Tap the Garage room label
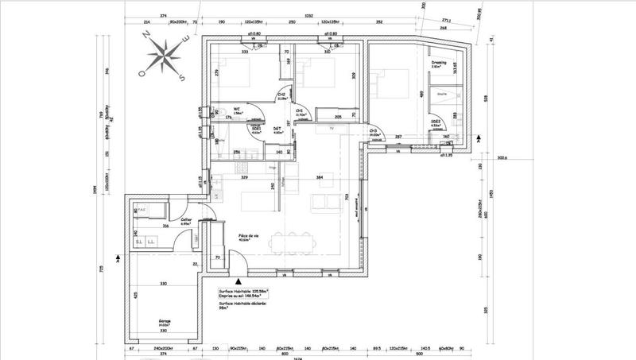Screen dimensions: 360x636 164,322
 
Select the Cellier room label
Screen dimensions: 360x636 186,221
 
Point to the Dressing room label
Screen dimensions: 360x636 439,62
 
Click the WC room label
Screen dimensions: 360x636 237,110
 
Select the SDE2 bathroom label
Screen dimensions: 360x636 436,123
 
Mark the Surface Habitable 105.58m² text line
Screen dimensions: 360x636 243,291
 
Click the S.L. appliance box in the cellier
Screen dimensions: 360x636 138,242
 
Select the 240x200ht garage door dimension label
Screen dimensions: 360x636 163,347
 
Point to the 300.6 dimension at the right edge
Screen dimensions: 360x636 501,157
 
